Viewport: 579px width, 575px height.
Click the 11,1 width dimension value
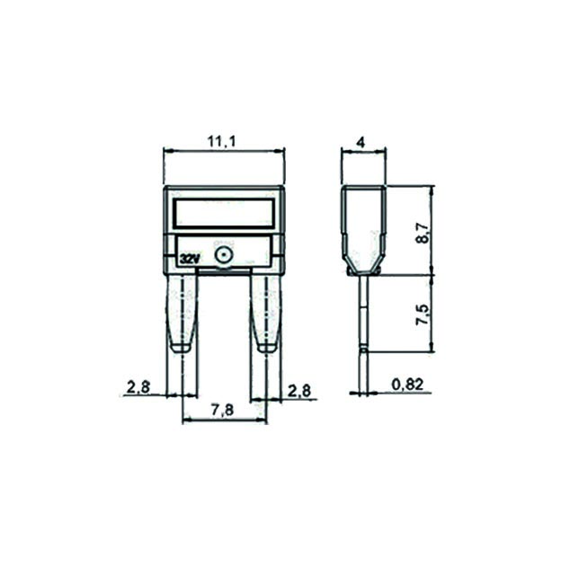coord(221,141)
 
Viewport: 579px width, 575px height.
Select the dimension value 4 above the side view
coord(361,142)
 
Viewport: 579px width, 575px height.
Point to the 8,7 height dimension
coord(423,233)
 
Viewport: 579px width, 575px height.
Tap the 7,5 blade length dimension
coord(423,314)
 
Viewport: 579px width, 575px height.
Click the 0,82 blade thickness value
coord(406,385)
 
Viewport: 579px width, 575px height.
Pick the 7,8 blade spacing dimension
coord(222,410)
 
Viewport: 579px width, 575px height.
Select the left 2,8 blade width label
coord(138,387)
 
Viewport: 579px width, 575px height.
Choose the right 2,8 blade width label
coord(299,391)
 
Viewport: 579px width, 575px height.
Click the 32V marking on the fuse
coord(190,259)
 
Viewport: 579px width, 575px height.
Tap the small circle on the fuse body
coord(223,254)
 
